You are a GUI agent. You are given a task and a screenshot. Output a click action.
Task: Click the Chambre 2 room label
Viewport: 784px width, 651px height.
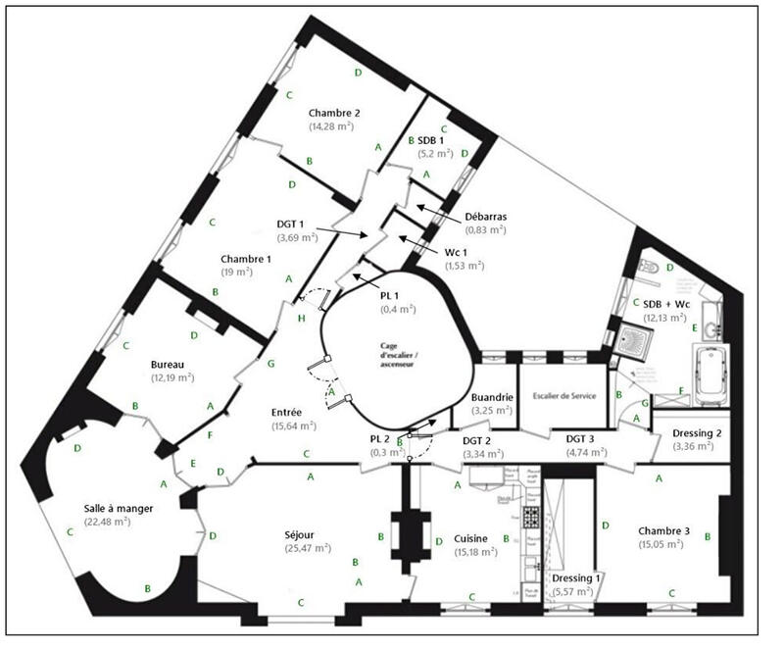pos(335,113)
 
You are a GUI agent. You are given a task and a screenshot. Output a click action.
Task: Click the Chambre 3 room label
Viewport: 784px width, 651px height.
pos(664,530)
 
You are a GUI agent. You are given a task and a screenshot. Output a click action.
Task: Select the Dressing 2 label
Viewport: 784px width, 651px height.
pos(700,432)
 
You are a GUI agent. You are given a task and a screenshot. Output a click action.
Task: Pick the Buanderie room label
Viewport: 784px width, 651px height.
pos(492,397)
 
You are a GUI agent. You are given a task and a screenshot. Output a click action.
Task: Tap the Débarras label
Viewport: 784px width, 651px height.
pos(486,216)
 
